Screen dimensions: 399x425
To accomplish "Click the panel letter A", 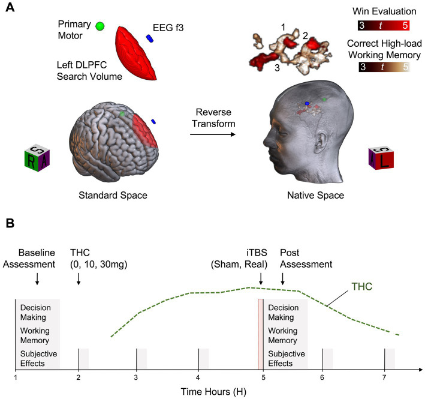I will click(10, 10).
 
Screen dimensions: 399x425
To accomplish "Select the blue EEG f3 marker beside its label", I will click(150, 38).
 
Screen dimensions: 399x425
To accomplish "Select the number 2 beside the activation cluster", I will click(305, 37).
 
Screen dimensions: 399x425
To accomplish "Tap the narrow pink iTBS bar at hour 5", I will click(261, 333).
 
